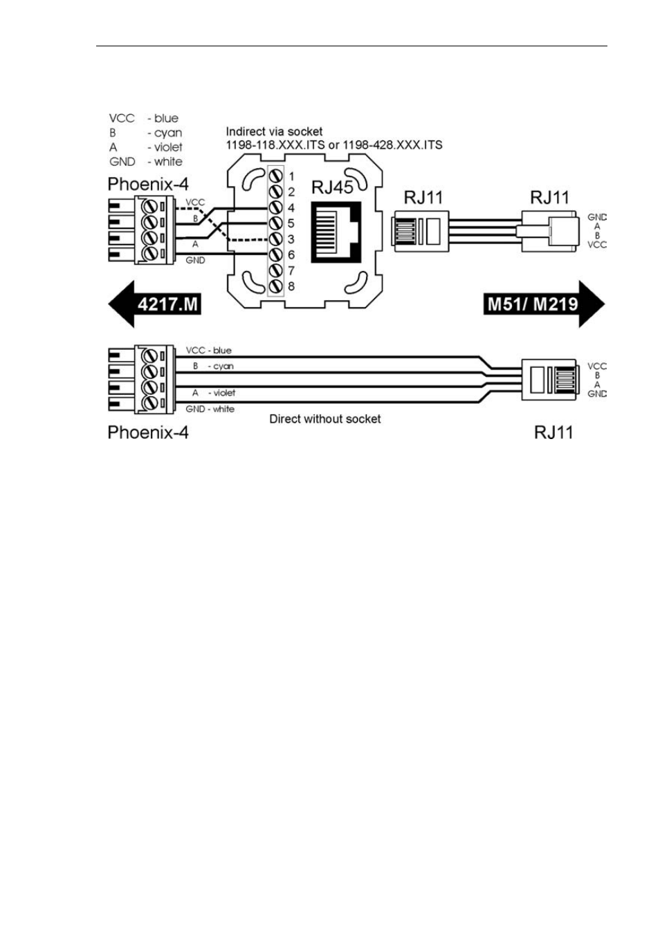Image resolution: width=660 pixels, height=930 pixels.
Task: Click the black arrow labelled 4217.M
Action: coord(155,304)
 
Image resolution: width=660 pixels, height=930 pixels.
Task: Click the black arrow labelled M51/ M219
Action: coord(544,304)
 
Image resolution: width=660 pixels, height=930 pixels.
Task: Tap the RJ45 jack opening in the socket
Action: coord(336,231)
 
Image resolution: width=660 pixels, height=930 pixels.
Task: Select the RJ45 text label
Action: coord(332,187)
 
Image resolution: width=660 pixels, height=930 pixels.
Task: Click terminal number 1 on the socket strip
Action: coord(291,176)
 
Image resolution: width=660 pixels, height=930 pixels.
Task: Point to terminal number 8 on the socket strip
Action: coord(291,286)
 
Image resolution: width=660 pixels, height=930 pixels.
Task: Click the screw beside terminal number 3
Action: coord(275,239)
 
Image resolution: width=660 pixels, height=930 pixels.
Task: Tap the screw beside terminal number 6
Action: coord(275,255)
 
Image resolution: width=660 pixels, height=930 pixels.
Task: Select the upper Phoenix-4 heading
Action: coord(148,184)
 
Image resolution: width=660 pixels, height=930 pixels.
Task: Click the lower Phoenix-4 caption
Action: coord(148,433)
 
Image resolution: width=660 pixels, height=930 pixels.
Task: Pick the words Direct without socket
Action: coord(325,419)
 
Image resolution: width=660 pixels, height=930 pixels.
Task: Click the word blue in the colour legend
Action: coord(167,118)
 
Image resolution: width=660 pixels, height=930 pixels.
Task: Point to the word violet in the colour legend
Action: coord(169,147)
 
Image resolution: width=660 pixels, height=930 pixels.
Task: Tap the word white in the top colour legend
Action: coord(169,162)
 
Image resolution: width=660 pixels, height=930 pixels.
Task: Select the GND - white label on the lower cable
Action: coord(210,409)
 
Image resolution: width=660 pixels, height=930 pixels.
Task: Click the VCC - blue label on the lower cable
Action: coord(208,351)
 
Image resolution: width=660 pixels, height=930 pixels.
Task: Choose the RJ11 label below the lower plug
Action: coord(554,433)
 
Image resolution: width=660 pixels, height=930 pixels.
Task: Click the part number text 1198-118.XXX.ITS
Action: coord(275,145)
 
